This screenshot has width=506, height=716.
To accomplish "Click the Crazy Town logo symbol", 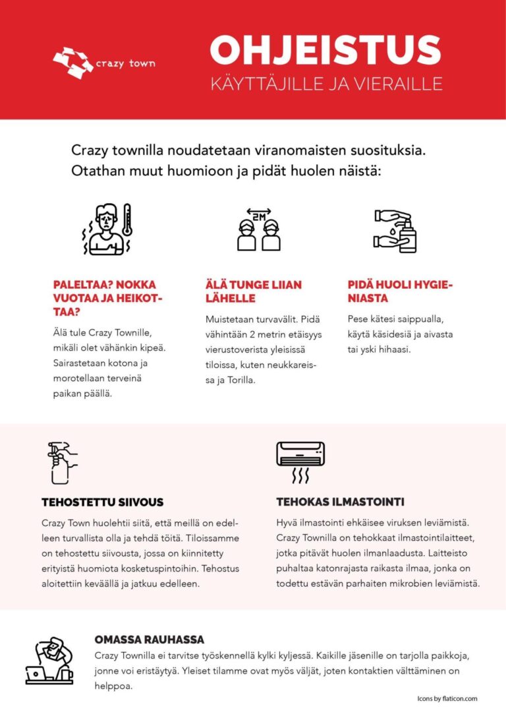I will pyautogui.click(x=72, y=61).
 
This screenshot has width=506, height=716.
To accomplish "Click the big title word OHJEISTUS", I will pyautogui.click(x=325, y=51).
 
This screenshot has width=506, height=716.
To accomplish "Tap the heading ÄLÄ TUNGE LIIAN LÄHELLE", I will pyautogui.click(x=253, y=291).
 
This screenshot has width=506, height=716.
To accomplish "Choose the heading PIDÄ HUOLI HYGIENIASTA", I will pyautogui.click(x=401, y=291).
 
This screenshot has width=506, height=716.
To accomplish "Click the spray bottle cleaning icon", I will pyautogui.click(x=61, y=464).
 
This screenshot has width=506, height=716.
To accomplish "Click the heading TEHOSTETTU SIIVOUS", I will pyautogui.click(x=102, y=502).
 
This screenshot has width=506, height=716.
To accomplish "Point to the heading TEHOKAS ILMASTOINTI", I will pyautogui.click(x=340, y=502).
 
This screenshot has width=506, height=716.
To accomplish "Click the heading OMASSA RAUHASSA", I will pyautogui.click(x=149, y=640).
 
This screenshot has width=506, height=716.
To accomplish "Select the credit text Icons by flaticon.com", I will pyautogui.click(x=447, y=699).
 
